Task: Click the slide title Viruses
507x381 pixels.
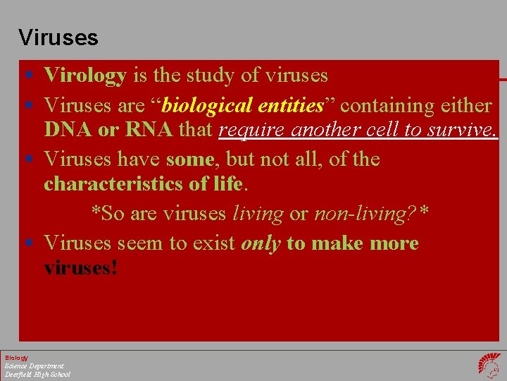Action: tap(58, 37)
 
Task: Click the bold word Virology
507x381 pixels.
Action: tap(85, 75)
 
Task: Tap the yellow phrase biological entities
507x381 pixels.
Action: tap(242, 106)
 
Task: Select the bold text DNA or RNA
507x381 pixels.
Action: tap(108, 130)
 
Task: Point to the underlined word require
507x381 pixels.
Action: tap(253, 130)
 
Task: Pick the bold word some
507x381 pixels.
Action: tap(189, 159)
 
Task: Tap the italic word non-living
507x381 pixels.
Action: tap(358, 212)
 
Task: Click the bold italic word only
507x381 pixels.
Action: tap(261, 243)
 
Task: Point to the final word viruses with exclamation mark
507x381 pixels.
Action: tap(80, 268)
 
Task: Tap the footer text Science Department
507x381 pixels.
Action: tap(34, 366)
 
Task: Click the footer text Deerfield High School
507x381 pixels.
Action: tap(37, 374)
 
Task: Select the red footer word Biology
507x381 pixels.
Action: tap(16, 358)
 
